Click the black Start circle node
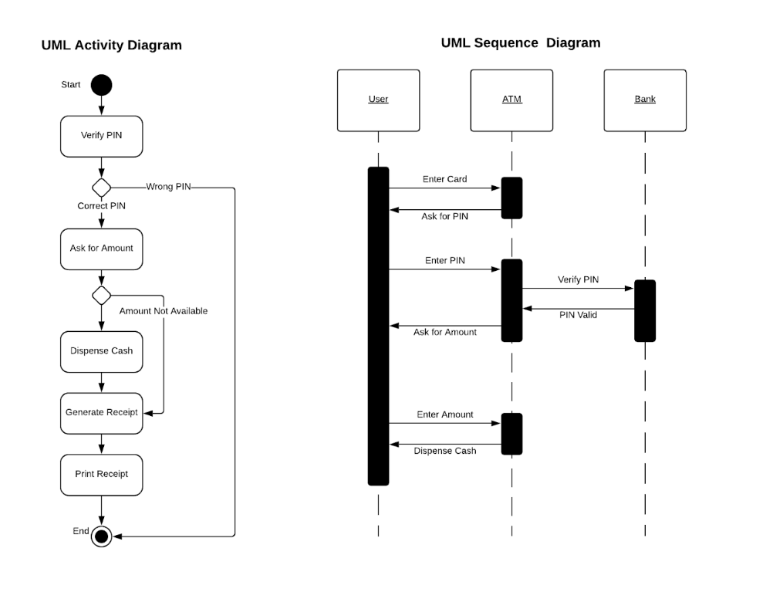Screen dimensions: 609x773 pos(101,85)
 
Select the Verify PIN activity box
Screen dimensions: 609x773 pos(101,136)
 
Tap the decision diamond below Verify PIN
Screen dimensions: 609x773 pos(101,188)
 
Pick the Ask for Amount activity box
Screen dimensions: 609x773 pos(101,249)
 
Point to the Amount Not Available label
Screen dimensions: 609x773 pos(163,311)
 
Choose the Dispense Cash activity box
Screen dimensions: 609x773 pos(101,351)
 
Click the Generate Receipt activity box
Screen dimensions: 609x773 pos(101,413)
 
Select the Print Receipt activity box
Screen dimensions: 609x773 pos(101,474)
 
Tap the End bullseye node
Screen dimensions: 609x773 pos(101,536)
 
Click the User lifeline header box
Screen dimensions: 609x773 pos(378,100)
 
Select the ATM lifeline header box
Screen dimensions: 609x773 pos(511,100)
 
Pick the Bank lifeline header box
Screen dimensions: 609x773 pos(645,100)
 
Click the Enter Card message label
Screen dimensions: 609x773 pos(444,179)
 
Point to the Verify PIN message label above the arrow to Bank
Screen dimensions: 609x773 pos(578,279)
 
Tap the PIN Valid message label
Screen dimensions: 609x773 pos(578,315)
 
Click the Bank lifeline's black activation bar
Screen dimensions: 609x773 pos(645,310)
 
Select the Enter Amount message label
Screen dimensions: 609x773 pos(445,414)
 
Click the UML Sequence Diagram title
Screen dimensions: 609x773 pos(520,43)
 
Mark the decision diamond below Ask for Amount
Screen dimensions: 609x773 pos(101,295)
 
